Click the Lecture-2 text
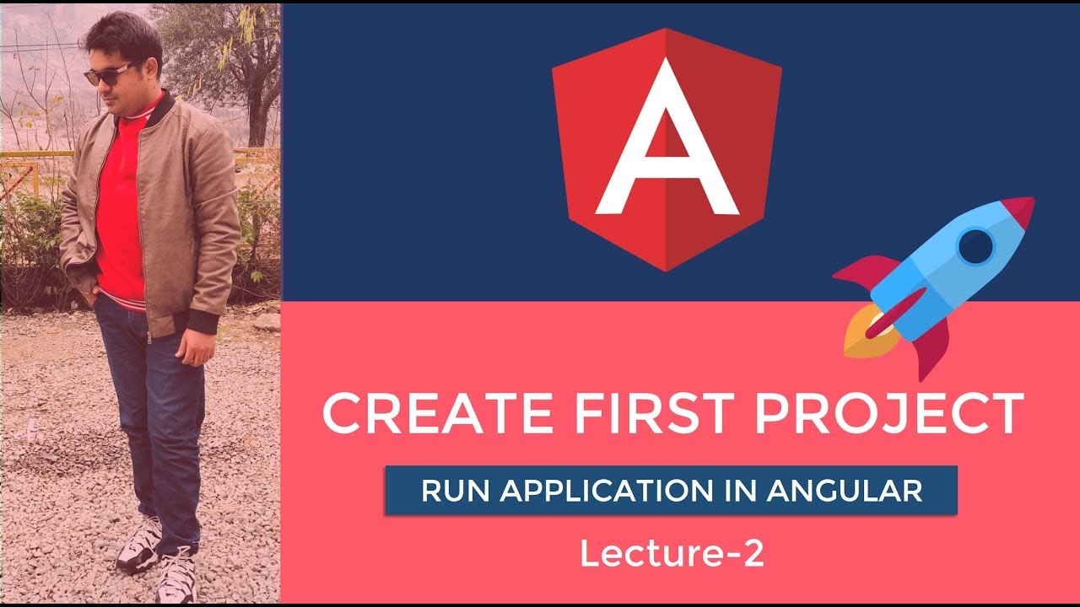point(672,554)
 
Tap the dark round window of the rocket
point(977,246)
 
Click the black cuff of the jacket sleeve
point(203,323)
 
